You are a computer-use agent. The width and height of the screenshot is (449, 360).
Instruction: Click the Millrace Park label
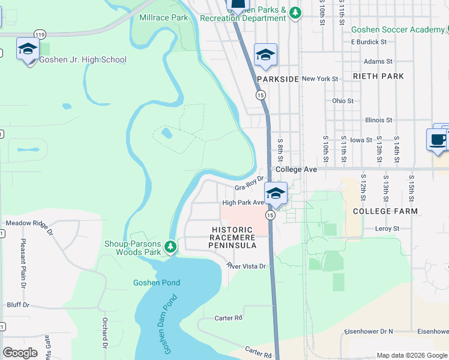point(163,17)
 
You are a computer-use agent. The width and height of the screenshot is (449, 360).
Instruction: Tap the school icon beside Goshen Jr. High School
point(28,49)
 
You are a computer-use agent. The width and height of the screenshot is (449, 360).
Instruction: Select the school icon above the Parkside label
point(265,55)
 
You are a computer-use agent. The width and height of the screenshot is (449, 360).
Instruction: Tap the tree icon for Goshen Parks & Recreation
point(294,12)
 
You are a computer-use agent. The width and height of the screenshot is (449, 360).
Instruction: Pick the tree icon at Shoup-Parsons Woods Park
point(170,247)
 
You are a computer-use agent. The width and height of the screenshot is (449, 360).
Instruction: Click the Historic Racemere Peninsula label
point(234,238)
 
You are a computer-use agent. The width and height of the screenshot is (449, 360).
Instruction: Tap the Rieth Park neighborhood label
point(378,76)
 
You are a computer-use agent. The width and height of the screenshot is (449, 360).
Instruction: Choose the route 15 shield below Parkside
point(261,95)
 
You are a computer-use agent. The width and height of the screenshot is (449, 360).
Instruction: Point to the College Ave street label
point(296,170)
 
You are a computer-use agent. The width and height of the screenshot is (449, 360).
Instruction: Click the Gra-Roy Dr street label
point(249,184)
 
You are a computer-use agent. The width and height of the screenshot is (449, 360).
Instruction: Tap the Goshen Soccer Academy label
point(398,29)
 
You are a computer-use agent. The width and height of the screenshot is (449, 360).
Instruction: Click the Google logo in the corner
point(20,353)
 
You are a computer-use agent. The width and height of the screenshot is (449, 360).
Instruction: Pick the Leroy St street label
point(387,229)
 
